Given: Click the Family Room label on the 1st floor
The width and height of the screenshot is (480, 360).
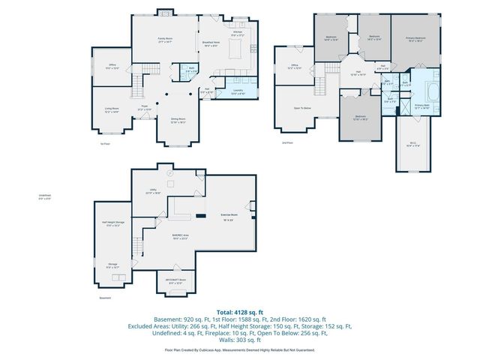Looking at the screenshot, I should pyautogui.click(x=165, y=39).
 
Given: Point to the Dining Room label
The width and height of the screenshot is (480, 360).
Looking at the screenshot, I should pyautogui.click(x=178, y=120).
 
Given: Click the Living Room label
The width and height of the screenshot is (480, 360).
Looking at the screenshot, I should pyautogui.click(x=112, y=110).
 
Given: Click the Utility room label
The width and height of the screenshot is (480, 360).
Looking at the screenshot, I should pyautogui.click(x=152, y=191).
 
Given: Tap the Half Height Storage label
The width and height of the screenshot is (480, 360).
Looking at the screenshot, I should pyautogui.click(x=114, y=223).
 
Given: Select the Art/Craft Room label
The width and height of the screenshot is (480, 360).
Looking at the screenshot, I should pyautogui.click(x=176, y=281).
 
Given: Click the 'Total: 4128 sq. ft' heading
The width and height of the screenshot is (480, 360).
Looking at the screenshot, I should pyautogui.click(x=239, y=311).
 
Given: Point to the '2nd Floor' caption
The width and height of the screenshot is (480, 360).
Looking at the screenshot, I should pyautogui.click(x=286, y=142).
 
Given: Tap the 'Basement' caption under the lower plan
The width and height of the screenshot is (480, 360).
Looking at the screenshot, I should pyautogui.click(x=104, y=298).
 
